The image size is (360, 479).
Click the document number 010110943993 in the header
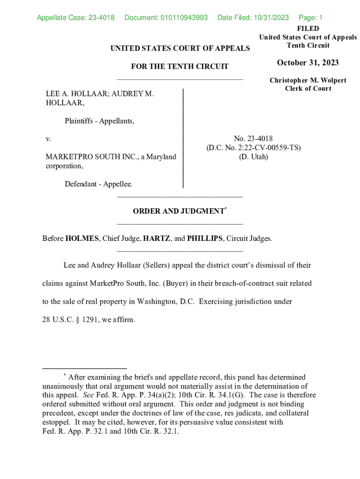coord(177,18)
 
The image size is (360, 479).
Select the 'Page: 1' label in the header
coord(310,18)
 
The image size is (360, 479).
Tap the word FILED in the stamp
coord(308,29)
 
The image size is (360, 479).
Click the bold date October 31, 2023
coord(308,63)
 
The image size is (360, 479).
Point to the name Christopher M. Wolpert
coord(308,80)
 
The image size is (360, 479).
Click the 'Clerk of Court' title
coord(308,88)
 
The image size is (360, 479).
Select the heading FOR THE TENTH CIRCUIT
coord(180,66)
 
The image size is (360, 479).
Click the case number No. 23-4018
coord(253,138)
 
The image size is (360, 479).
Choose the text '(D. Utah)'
coord(253,157)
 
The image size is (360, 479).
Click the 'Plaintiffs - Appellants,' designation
coord(100,122)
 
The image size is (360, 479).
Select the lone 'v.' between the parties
coord(48,139)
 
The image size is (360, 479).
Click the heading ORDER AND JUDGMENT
coord(178,211)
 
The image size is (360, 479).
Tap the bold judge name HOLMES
coord(82,239)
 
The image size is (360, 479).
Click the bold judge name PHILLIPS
coord(205,239)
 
